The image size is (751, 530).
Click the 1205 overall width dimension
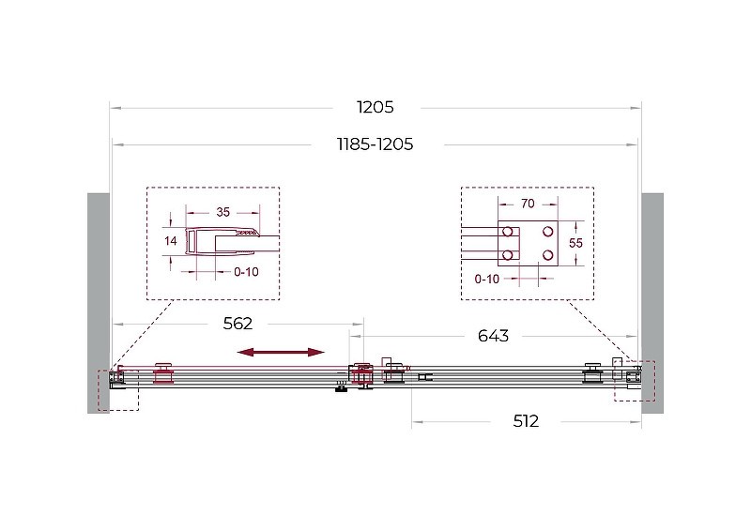pos(375,107)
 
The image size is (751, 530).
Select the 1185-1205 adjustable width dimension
pos(375,144)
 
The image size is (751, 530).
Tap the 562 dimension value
pos(238,324)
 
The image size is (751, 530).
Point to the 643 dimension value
pos(494,336)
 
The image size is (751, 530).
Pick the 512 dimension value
pos(526,421)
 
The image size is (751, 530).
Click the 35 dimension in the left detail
pos(223,212)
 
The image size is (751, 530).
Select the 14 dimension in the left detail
pos(171,241)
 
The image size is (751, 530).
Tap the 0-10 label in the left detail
pos(246,272)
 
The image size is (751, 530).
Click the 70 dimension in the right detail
pos(528,204)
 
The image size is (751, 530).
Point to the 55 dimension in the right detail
pos(575,243)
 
